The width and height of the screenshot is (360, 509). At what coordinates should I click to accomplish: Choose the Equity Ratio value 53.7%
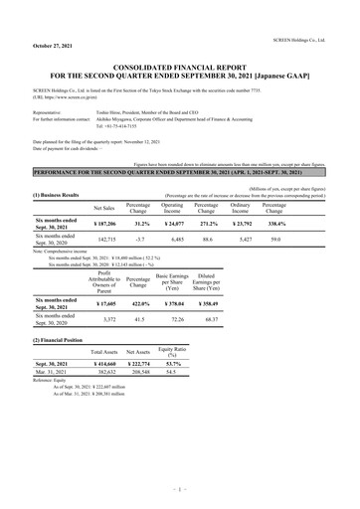point(175,366)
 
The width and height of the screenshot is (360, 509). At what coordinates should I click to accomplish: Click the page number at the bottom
point(180,492)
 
